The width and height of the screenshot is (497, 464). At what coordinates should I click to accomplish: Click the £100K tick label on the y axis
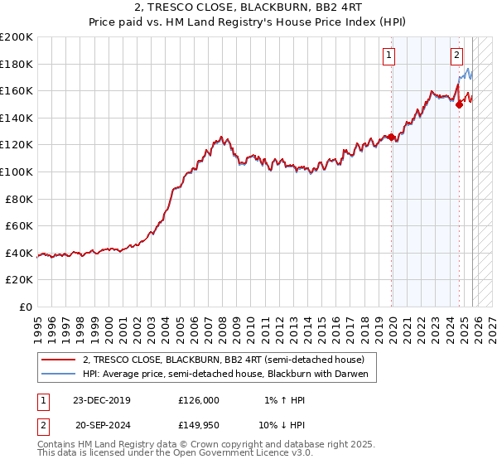point(17,172)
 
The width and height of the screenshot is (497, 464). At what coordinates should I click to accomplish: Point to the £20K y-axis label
point(19,280)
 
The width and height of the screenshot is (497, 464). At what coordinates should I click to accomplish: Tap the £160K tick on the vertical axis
point(17,90)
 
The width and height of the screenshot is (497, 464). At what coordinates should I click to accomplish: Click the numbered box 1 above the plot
point(388,56)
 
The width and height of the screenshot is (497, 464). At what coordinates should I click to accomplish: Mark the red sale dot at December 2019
point(392,137)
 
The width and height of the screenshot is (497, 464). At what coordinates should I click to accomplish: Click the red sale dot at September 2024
point(459,104)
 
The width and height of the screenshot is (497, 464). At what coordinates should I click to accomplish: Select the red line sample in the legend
point(58,360)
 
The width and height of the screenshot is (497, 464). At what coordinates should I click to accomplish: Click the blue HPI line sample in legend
point(58,375)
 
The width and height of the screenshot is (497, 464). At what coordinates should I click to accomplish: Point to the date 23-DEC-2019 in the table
point(101,400)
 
